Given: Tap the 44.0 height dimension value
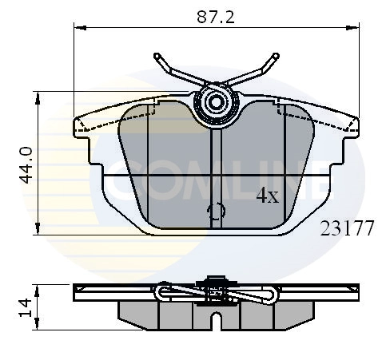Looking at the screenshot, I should (x=24, y=164).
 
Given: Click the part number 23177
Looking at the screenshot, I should (x=347, y=228).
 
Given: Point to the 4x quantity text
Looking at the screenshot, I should (x=266, y=196).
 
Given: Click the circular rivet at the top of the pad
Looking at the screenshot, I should (x=216, y=102).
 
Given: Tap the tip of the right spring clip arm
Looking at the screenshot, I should (x=277, y=57).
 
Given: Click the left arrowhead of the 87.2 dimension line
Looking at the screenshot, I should (x=78, y=28).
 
